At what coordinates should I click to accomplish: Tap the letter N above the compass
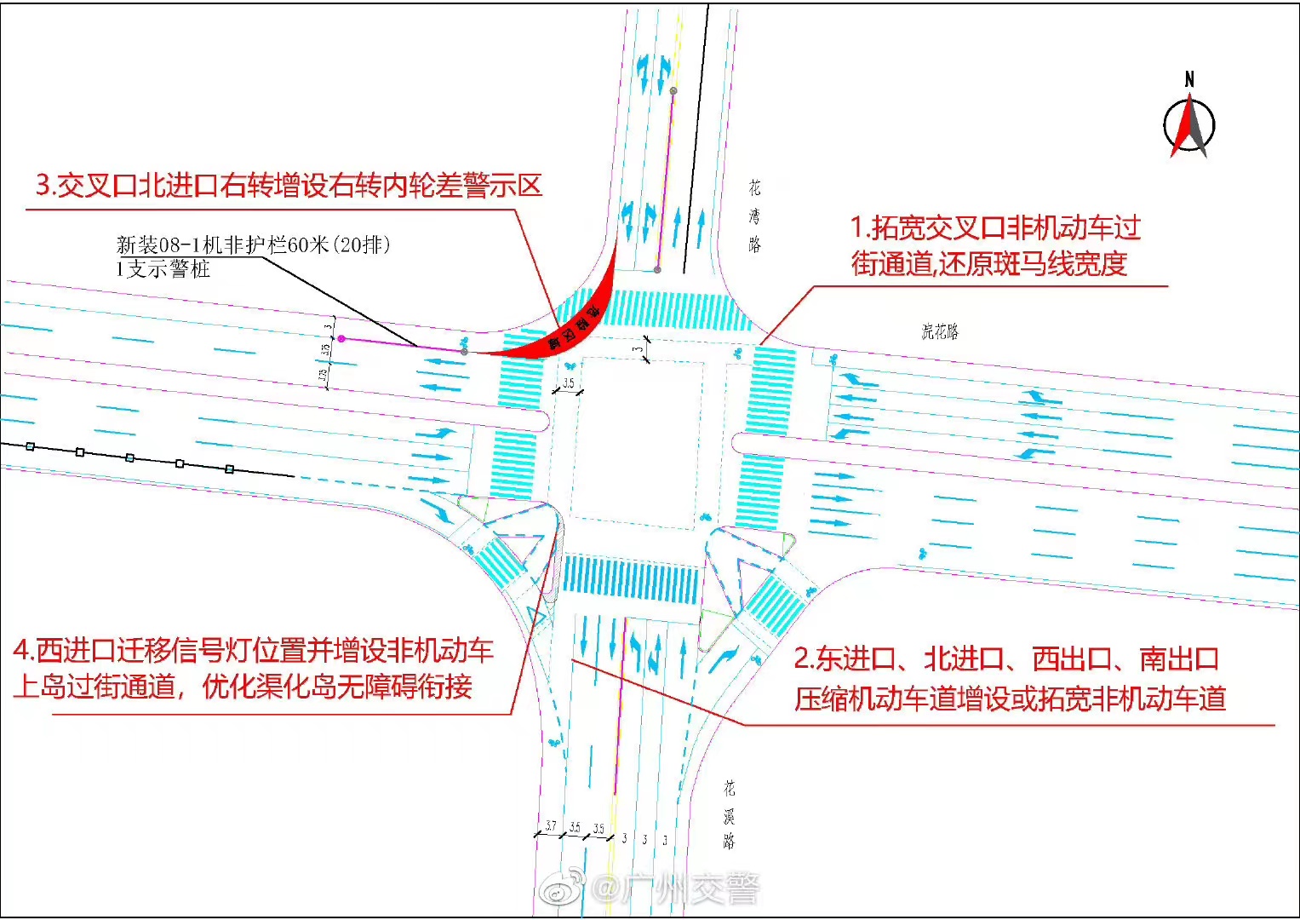(1189, 79)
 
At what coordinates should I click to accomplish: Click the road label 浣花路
(940, 331)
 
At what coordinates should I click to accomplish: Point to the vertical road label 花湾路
(755, 216)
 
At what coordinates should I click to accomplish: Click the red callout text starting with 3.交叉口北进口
(289, 185)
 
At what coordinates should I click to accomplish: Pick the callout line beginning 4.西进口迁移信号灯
(253, 651)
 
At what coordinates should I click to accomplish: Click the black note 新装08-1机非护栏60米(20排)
(254, 245)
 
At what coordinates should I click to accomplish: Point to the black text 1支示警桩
(163, 269)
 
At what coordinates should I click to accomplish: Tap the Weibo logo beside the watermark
(563, 889)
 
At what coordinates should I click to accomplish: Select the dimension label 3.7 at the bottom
(551, 826)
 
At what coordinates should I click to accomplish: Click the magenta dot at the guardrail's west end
(341, 339)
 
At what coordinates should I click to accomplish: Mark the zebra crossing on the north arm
(669, 310)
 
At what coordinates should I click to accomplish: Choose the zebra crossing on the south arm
(631, 579)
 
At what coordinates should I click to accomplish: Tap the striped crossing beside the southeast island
(774, 604)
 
